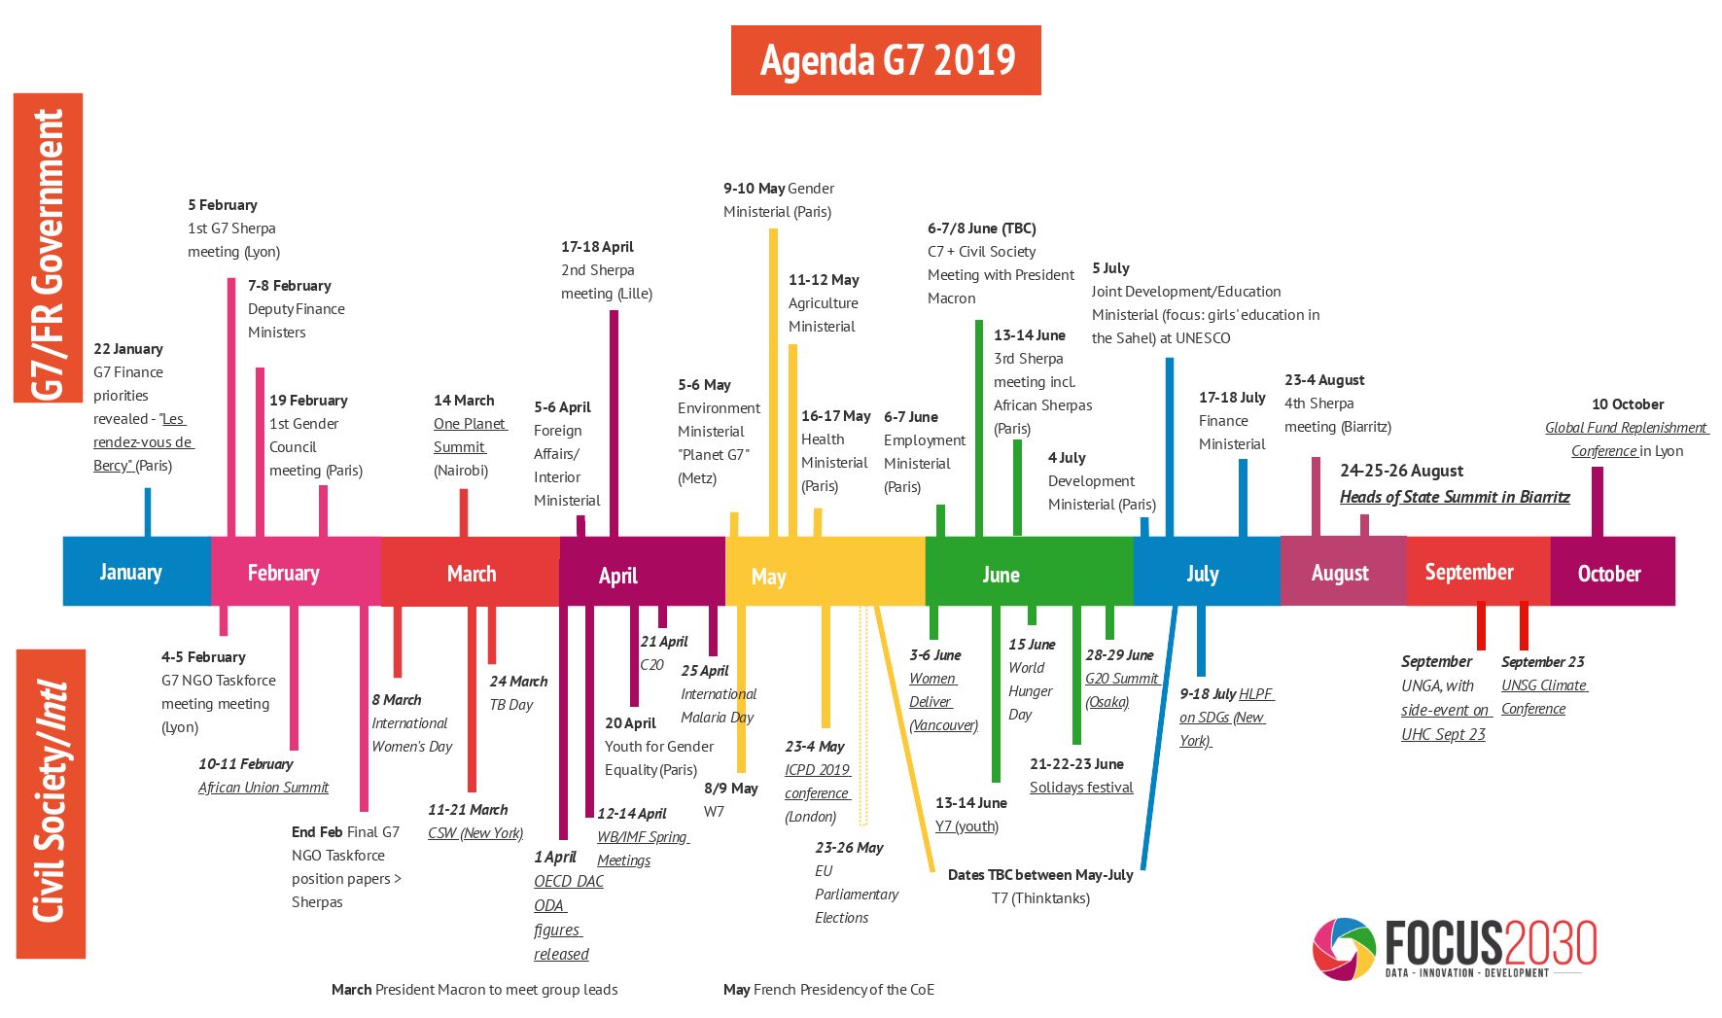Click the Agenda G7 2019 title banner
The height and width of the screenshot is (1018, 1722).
click(x=886, y=60)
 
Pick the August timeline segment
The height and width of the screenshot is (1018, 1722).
click(x=1342, y=573)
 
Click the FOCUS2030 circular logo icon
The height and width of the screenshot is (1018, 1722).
click(x=1344, y=948)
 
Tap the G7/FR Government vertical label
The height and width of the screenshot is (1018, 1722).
click(x=48, y=248)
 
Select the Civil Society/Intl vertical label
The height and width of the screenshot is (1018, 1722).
click(x=51, y=803)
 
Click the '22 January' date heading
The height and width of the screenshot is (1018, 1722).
click(x=127, y=349)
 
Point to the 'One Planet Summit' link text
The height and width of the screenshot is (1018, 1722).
click(x=470, y=436)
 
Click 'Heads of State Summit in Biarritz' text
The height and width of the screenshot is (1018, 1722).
click(x=1455, y=497)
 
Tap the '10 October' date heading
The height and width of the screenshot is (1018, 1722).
click(x=1627, y=404)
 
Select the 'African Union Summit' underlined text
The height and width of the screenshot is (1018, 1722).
click(x=264, y=788)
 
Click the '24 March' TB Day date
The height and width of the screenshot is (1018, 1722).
click(x=518, y=682)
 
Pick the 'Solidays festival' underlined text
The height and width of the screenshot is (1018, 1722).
click(x=1081, y=788)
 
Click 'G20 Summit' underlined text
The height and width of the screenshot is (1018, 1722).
click(x=1122, y=679)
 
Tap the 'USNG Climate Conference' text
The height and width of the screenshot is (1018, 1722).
click(x=1543, y=697)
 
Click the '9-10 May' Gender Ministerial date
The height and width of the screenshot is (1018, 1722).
click(x=754, y=189)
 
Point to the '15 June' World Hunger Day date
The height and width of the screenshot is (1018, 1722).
click(x=1032, y=645)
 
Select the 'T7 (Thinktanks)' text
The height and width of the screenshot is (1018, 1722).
click(x=1040, y=898)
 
